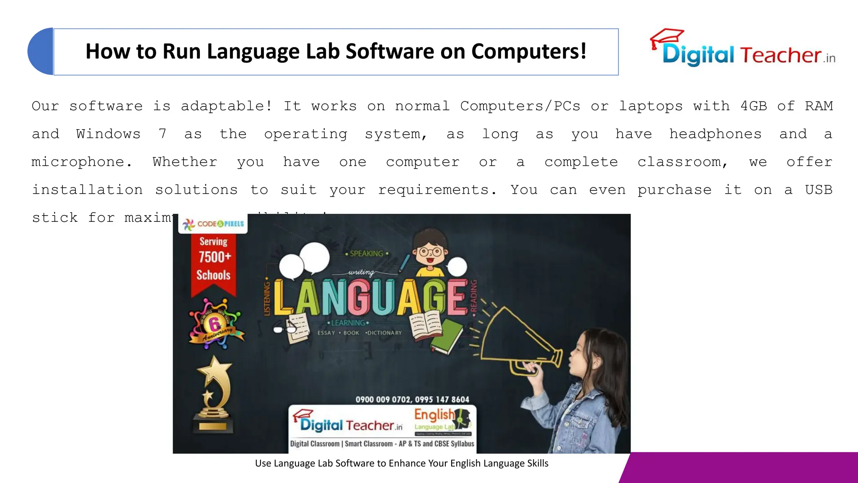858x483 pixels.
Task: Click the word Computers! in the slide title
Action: (x=529, y=52)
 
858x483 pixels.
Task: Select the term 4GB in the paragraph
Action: (x=753, y=106)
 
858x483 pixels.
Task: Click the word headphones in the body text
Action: (x=715, y=134)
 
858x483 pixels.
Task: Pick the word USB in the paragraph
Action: (x=818, y=190)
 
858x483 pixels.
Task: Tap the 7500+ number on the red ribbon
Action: (x=214, y=257)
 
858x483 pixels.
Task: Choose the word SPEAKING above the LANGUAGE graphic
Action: (x=367, y=254)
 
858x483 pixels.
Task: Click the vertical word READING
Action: (x=474, y=296)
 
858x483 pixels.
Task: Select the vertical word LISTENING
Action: (x=267, y=299)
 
